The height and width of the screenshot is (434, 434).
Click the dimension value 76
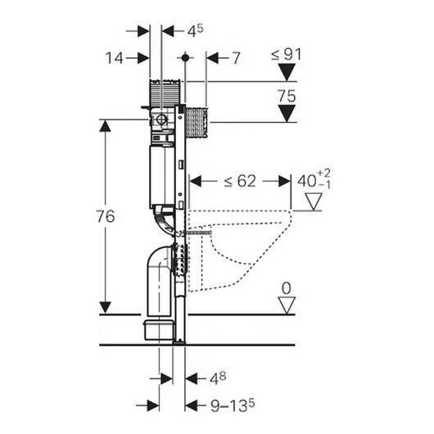click(106, 216)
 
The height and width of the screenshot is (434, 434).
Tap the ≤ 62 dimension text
click(240, 181)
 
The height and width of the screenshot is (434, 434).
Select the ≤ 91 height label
click(286, 55)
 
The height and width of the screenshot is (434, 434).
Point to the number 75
click(287, 96)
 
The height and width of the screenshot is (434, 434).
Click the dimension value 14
click(114, 58)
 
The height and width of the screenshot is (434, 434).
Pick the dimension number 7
click(236, 58)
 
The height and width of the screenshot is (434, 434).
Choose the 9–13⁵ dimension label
click(233, 405)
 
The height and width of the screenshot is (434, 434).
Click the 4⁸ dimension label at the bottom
click(218, 378)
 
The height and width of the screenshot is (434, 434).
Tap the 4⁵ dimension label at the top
click(195, 30)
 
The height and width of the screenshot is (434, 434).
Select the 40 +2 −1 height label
click(314, 179)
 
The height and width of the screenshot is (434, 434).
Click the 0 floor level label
click(287, 288)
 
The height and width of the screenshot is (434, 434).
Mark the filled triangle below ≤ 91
click(287, 72)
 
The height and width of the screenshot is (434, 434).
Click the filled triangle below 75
click(287, 113)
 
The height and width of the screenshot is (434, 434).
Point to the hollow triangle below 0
click(287, 305)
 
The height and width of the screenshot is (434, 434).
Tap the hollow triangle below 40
click(314, 201)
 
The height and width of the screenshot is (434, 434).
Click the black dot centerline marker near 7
click(185, 58)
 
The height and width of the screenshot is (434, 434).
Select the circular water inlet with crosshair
click(160, 120)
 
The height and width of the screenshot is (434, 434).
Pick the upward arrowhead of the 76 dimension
click(105, 125)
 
